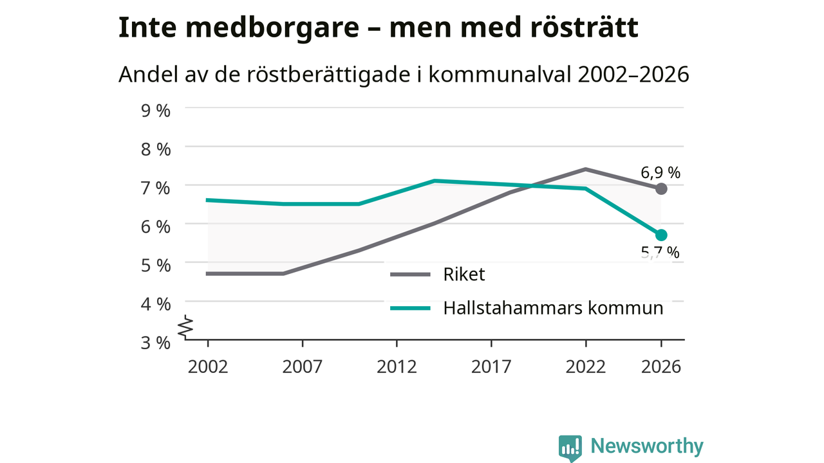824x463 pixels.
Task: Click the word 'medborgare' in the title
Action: click(272, 28)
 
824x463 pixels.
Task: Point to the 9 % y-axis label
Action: click(156, 111)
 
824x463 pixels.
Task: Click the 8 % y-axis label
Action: click(156, 149)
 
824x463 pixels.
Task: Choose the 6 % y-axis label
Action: click(156, 226)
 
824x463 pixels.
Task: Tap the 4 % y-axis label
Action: click(156, 304)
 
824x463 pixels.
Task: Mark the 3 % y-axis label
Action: click(156, 343)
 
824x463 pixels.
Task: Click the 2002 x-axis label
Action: click(208, 367)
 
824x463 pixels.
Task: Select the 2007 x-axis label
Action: click(303, 367)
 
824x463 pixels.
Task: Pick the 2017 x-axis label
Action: click(491, 367)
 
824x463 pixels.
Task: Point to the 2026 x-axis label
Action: click(661, 367)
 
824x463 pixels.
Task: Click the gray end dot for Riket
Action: click(661, 189)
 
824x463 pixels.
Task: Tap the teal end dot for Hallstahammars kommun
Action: click(661, 235)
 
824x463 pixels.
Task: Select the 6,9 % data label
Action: click(660, 173)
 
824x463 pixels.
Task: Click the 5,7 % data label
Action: click(660, 253)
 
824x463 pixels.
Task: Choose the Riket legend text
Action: click(464, 275)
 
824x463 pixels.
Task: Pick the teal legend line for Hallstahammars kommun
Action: click(410, 308)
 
